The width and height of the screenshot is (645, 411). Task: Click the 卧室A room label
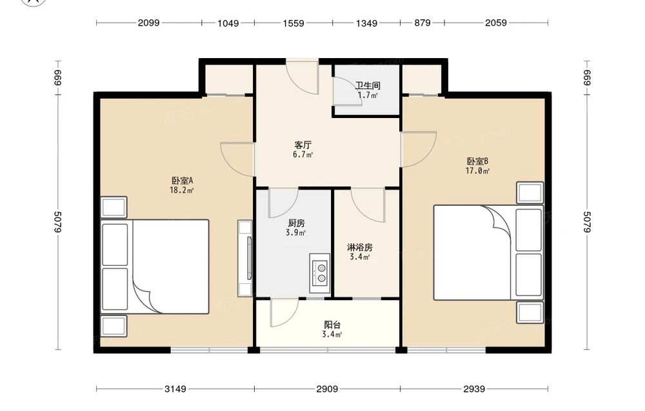(x=183, y=181)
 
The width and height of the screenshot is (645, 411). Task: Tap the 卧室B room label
(x=477, y=161)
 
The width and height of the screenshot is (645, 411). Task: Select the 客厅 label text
(x=303, y=145)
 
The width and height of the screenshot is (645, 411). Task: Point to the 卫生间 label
(x=368, y=86)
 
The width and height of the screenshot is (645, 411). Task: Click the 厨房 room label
(x=296, y=223)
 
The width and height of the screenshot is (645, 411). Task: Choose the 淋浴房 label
(x=360, y=247)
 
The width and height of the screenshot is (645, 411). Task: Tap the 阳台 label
(x=332, y=325)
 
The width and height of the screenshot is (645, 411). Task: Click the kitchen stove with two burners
(x=320, y=274)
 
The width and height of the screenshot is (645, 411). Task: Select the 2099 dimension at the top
(x=148, y=23)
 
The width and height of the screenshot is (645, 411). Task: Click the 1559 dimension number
(x=293, y=23)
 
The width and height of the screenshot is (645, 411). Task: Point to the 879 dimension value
(x=422, y=23)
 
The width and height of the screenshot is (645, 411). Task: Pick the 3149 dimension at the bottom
(x=175, y=389)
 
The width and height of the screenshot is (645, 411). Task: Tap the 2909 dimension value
(x=327, y=389)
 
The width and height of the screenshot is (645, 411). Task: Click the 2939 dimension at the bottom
(x=474, y=389)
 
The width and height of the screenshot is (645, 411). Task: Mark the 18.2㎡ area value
(x=181, y=190)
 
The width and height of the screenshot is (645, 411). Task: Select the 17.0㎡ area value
(x=477, y=171)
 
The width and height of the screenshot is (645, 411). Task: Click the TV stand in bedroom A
(x=244, y=258)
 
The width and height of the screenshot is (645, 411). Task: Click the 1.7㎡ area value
(x=368, y=95)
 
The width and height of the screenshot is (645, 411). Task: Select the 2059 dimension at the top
(x=495, y=23)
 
